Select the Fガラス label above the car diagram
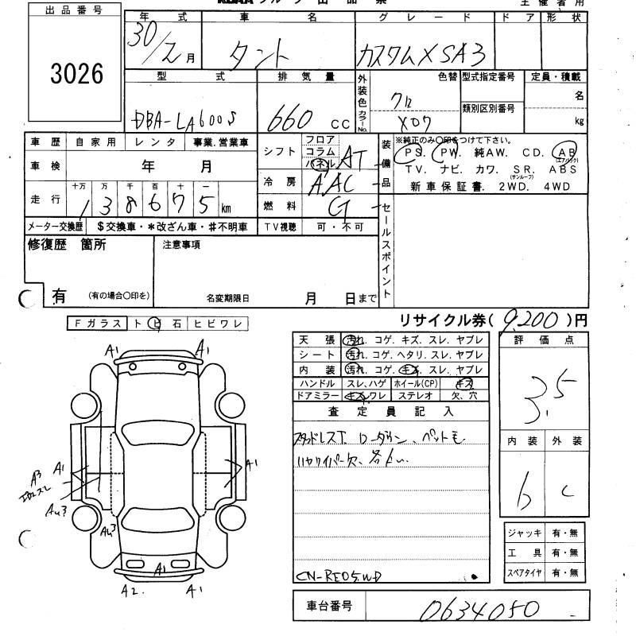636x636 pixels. coord(96,324)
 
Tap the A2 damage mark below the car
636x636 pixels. coord(129,590)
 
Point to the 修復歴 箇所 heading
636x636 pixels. coord(67,246)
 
